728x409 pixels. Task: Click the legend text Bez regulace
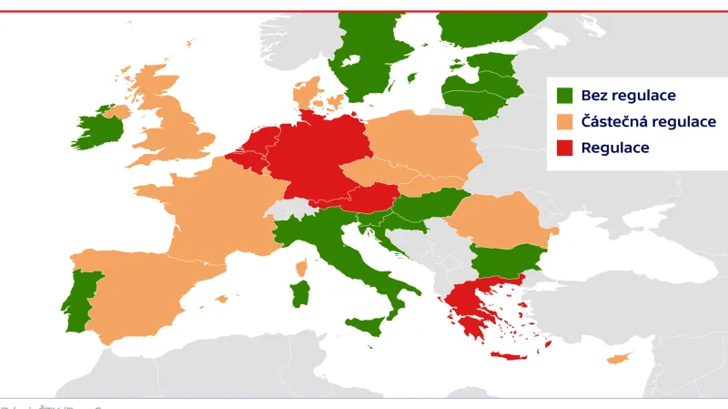pyautogui.click(x=628, y=96)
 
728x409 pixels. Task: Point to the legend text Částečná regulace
pyautogui.click(x=648, y=121)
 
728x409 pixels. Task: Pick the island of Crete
pyautogui.click(x=509, y=354)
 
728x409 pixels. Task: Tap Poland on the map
pyautogui.click(x=423, y=146)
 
